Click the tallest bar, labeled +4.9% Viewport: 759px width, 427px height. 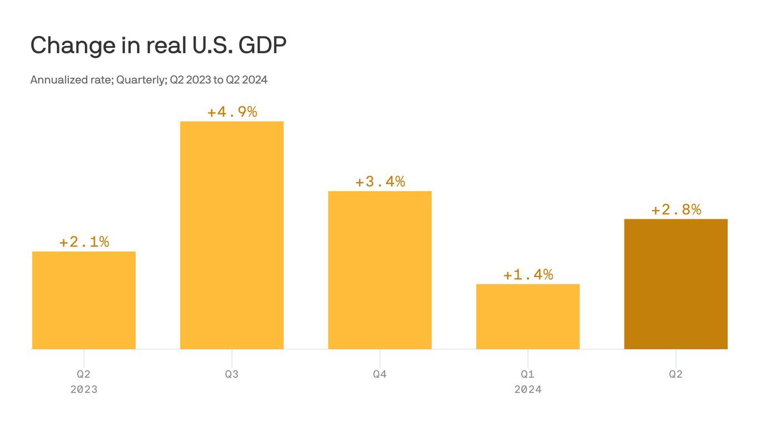(x=232, y=235)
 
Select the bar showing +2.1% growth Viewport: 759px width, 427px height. (x=84, y=300)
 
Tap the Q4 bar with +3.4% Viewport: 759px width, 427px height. (x=380, y=270)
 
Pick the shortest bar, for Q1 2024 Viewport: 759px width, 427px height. (x=528, y=316)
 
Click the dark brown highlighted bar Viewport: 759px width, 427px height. (x=676, y=284)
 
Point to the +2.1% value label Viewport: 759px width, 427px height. (x=84, y=242)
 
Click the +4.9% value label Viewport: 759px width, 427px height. (x=232, y=112)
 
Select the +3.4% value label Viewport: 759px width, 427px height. (x=380, y=181)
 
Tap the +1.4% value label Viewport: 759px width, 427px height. (x=528, y=275)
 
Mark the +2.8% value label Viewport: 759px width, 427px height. (x=676, y=210)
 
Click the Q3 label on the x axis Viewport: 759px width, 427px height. (x=232, y=374)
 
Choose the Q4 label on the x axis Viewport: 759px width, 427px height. (x=380, y=374)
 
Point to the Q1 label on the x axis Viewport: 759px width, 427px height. (x=528, y=374)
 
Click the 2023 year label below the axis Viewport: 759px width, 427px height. (x=84, y=389)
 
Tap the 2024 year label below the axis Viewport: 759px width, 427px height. (x=528, y=389)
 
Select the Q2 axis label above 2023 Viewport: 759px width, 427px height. (x=84, y=374)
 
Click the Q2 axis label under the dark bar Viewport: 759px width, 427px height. (x=676, y=374)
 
